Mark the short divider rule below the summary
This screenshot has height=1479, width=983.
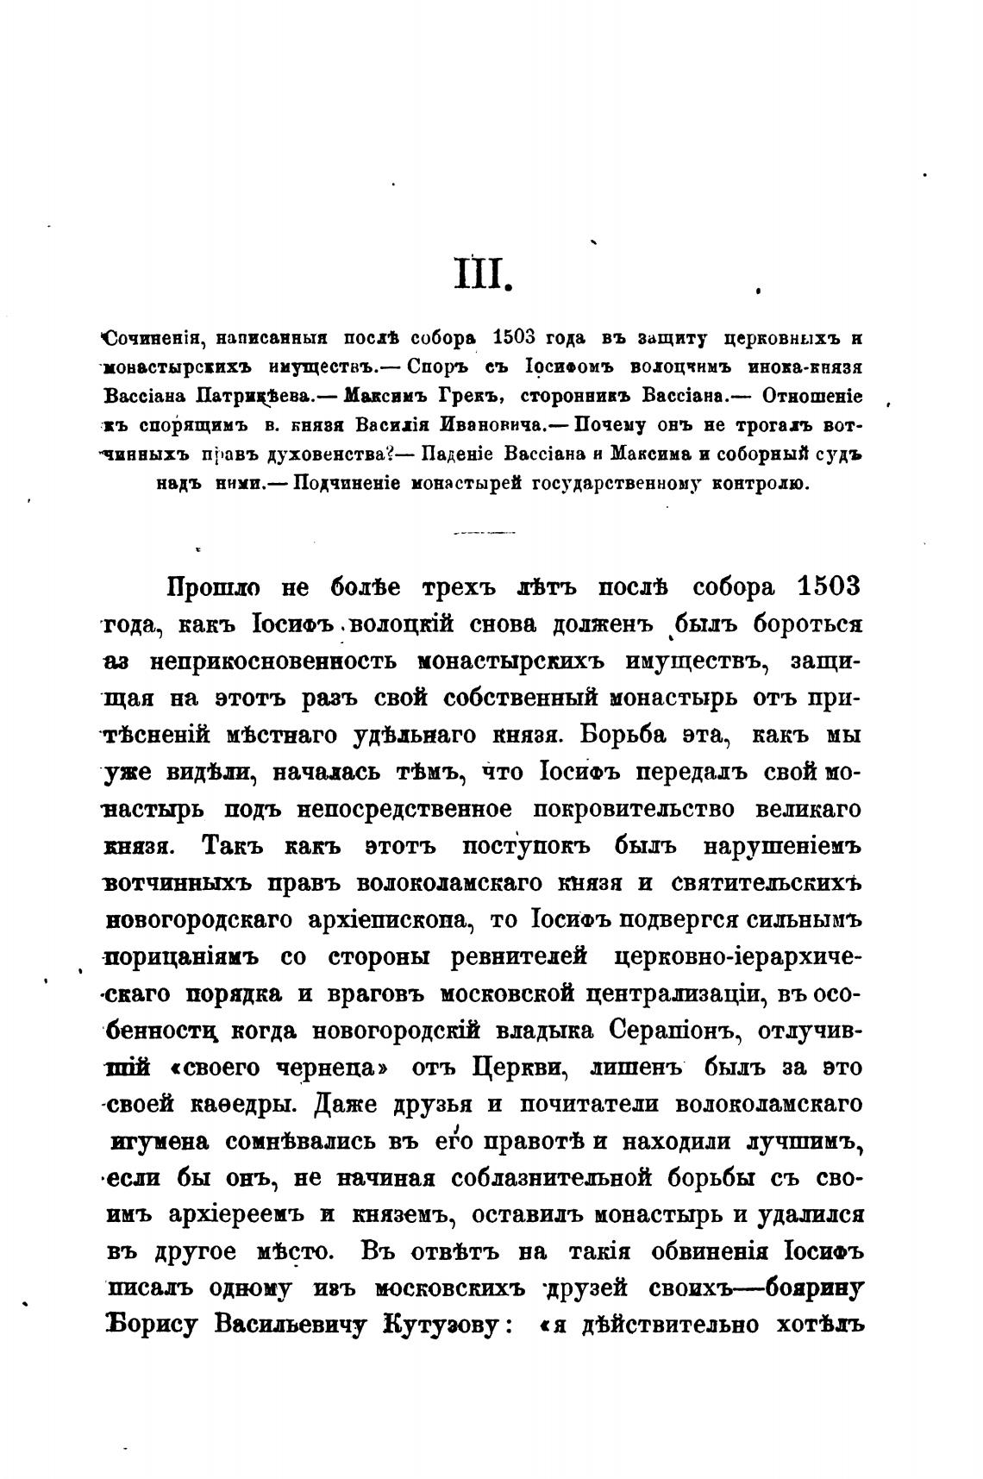(x=482, y=532)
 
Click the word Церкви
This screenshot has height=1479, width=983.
(x=517, y=1068)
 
